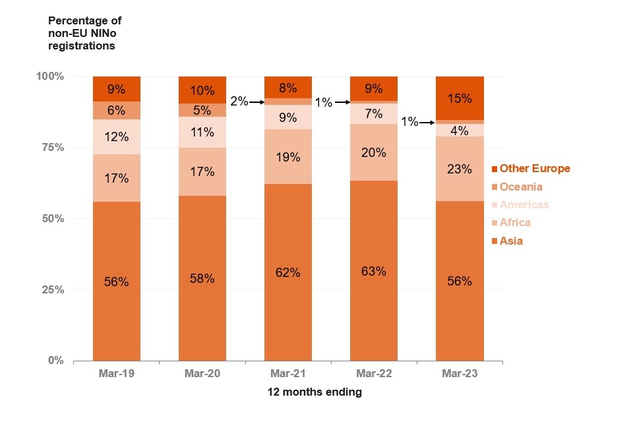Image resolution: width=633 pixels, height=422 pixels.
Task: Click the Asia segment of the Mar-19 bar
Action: [x=116, y=281]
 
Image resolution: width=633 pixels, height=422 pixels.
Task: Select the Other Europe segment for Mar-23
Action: [x=459, y=98]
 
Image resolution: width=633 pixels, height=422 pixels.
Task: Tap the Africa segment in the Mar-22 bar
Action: [x=373, y=152]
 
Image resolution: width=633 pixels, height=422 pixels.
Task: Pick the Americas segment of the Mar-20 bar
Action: [x=202, y=132]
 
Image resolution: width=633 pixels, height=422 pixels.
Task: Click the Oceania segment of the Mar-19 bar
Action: [x=116, y=111]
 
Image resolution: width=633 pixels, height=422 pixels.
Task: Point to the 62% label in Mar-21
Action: [x=287, y=272]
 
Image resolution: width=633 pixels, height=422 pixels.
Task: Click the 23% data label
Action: [x=459, y=169]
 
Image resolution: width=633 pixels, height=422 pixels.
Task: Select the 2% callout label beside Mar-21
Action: [x=239, y=102]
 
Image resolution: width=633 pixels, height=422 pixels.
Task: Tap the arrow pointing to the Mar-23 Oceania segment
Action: [x=427, y=123]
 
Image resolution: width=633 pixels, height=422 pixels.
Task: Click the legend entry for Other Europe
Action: [x=535, y=168]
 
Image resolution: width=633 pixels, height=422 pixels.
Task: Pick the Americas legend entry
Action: [x=528, y=204]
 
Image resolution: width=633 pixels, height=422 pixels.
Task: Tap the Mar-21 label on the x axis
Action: [x=287, y=373]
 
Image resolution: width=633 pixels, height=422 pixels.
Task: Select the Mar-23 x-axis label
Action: [x=459, y=373]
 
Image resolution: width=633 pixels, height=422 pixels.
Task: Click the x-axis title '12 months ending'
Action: [x=315, y=392]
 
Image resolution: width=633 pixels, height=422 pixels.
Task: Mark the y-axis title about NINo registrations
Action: [x=84, y=34]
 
